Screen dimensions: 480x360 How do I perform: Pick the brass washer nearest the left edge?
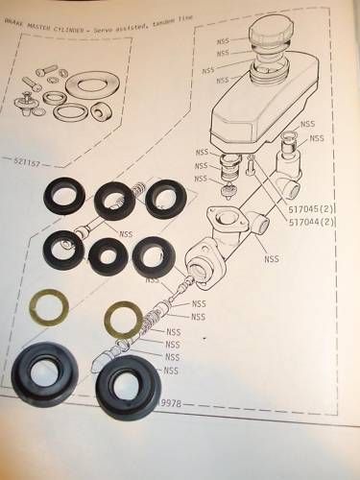48,307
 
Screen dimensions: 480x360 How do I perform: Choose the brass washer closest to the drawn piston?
122,318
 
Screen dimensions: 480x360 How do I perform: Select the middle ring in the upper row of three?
116,201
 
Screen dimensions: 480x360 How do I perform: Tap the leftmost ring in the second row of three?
64,252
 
